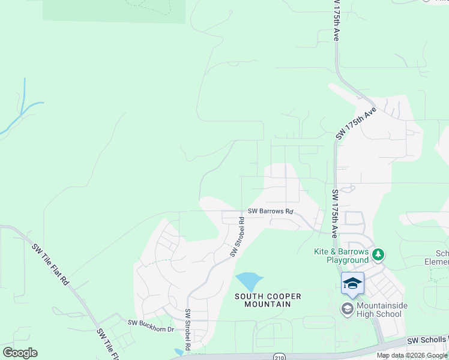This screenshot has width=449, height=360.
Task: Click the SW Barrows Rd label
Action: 271,212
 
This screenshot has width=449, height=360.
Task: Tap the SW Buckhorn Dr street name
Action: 151,322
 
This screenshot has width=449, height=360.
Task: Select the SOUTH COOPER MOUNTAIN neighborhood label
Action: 268,300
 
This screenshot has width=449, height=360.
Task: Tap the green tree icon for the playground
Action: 378,255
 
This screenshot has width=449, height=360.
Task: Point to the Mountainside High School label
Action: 378,310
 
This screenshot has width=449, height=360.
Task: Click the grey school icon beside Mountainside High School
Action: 347,309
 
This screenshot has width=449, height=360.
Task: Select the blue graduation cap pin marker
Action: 352,284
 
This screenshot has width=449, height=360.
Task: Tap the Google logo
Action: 20,353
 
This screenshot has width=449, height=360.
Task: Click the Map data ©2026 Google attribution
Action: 412,356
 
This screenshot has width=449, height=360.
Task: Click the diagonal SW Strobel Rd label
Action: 238,238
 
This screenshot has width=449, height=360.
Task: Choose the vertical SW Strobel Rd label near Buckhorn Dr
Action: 188,329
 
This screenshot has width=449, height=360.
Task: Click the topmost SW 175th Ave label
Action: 336,21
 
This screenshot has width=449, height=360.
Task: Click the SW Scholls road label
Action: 428,340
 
